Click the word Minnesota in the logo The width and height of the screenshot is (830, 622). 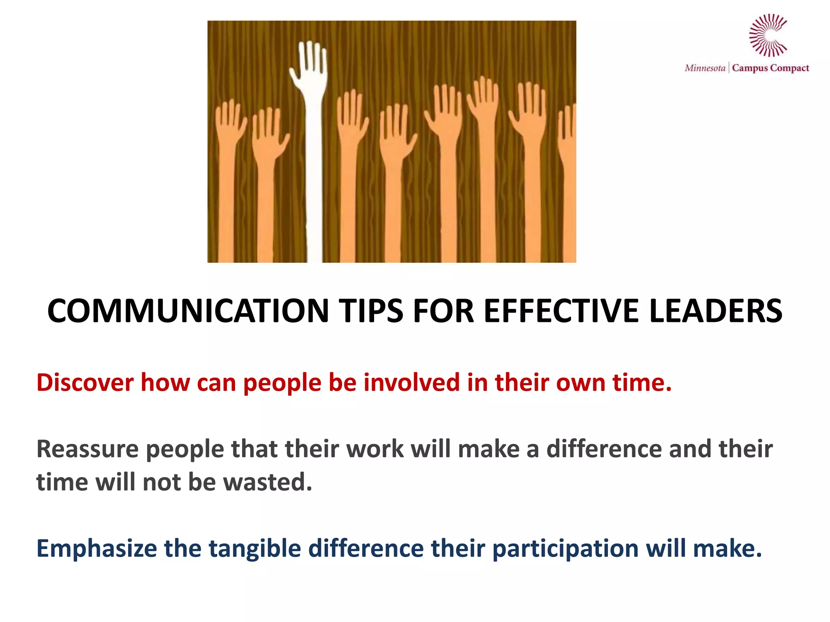click(x=705, y=68)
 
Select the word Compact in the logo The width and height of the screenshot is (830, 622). click(x=790, y=68)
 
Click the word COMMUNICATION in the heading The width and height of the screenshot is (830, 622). click(x=188, y=311)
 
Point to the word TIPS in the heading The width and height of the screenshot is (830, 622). click(x=371, y=311)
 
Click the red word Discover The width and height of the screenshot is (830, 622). click(x=85, y=382)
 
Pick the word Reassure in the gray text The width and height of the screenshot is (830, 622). click(x=88, y=449)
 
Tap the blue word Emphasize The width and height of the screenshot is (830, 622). click(x=96, y=548)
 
